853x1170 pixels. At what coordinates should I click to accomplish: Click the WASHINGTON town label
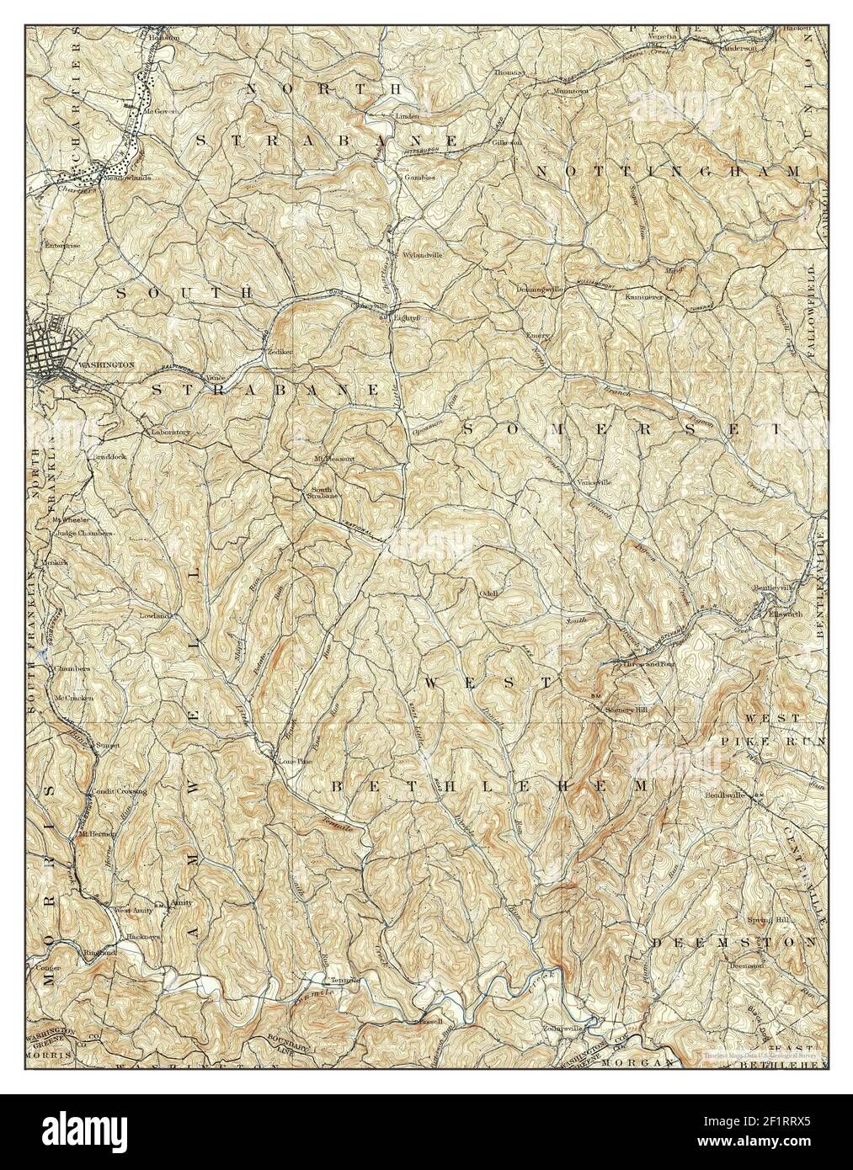[105, 365]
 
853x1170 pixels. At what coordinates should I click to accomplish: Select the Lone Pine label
[293, 761]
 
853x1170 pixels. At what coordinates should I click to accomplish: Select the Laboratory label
[171, 432]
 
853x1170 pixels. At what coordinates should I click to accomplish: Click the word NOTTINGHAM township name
[666, 172]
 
